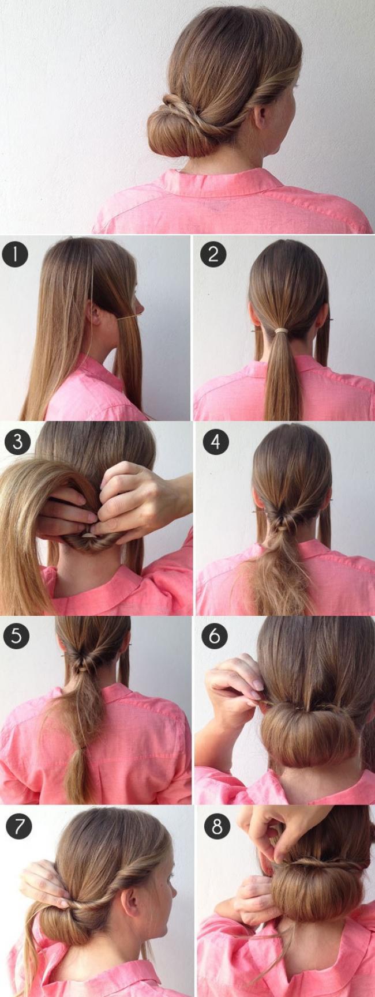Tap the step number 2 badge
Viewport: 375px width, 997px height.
point(213,254)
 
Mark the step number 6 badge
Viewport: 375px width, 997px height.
point(215,636)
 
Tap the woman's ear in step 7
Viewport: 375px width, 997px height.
point(130,891)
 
